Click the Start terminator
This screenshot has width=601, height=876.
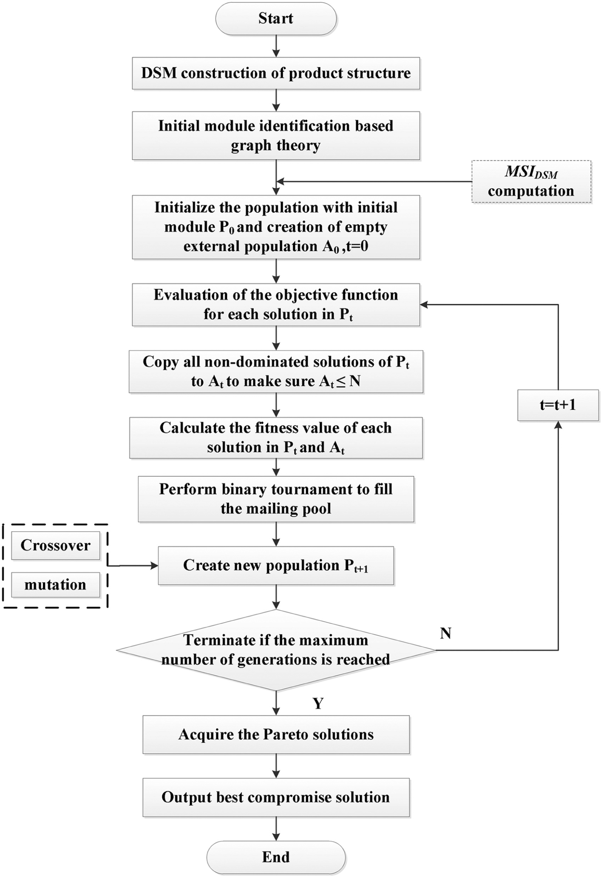click(x=276, y=19)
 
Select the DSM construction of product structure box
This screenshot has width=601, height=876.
click(x=276, y=73)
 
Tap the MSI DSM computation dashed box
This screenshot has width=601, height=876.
click(x=531, y=182)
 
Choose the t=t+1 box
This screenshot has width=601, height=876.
click(x=558, y=405)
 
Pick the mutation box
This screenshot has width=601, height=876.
click(x=56, y=585)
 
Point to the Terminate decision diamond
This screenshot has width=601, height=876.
click(x=276, y=650)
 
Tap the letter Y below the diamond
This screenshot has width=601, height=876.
click(x=319, y=703)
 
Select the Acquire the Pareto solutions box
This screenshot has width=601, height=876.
click(x=276, y=735)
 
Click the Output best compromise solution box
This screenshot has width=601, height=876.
click(x=276, y=798)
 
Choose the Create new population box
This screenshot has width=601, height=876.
click(x=276, y=565)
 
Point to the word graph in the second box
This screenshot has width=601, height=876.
click(x=250, y=146)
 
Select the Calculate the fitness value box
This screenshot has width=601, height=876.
click(x=276, y=438)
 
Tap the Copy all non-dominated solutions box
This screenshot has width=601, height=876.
click(x=276, y=372)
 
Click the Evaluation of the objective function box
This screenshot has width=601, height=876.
click(x=276, y=305)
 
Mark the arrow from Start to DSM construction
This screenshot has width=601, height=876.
click(x=277, y=46)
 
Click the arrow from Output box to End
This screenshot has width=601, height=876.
click(x=277, y=829)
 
